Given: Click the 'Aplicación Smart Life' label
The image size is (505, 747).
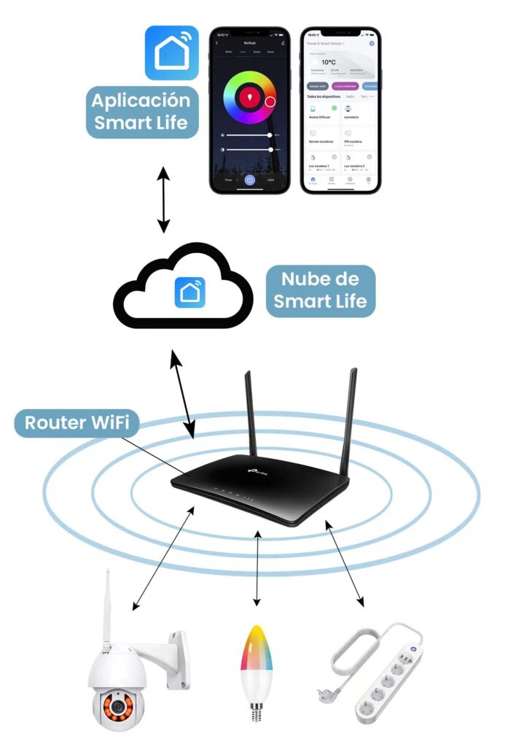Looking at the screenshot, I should point(141,111).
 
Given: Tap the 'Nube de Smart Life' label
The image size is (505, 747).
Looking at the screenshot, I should point(320,290).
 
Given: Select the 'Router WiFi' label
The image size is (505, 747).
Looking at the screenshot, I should point(77,423).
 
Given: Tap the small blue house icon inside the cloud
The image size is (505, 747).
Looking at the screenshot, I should point(189,292).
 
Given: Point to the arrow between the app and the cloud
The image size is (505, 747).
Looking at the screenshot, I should point(163,199).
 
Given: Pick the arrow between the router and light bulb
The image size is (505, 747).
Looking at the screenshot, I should point(257,568).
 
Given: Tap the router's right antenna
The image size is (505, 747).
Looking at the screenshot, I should point(351,416).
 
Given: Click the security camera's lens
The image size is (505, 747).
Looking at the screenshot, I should point(114,706).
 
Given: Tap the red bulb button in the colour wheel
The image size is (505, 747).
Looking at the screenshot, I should point(250,96).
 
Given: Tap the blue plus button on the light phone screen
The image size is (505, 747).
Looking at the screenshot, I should point(371,44).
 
